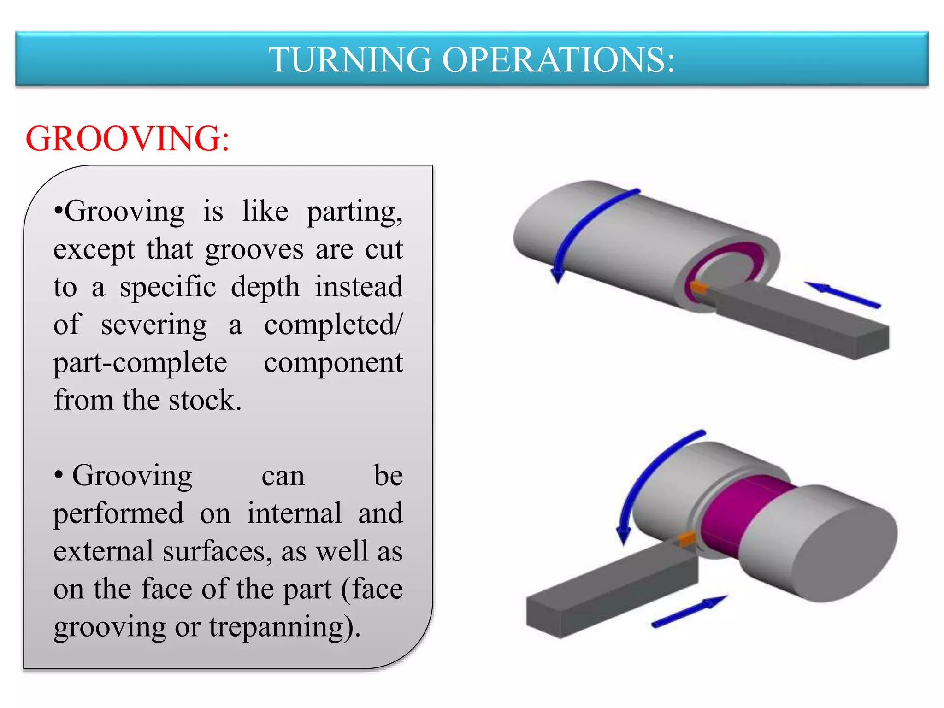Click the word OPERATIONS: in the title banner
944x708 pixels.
[x=558, y=60]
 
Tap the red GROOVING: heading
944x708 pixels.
[x=127, y=138]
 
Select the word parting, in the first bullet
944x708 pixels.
[x=354, y=212]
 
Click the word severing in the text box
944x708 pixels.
[x=154, y=325]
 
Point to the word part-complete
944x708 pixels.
[x=140, y=363]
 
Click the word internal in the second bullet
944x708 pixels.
[x=294, y=513]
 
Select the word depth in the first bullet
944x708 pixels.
[x=265, y=287]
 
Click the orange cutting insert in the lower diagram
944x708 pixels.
[x=687, y=537]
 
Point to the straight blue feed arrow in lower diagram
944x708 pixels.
[x=689, y=611]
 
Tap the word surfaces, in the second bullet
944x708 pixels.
[x=217, y=551]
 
